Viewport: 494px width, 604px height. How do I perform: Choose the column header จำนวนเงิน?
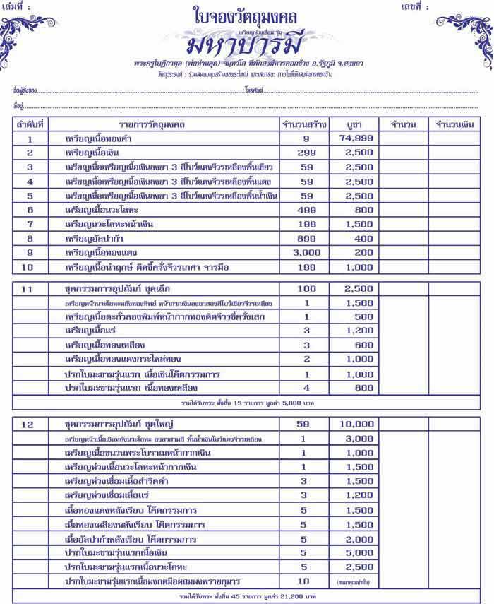(x=455, y=124)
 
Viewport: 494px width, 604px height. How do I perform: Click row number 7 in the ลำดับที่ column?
(x=30, y=225)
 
